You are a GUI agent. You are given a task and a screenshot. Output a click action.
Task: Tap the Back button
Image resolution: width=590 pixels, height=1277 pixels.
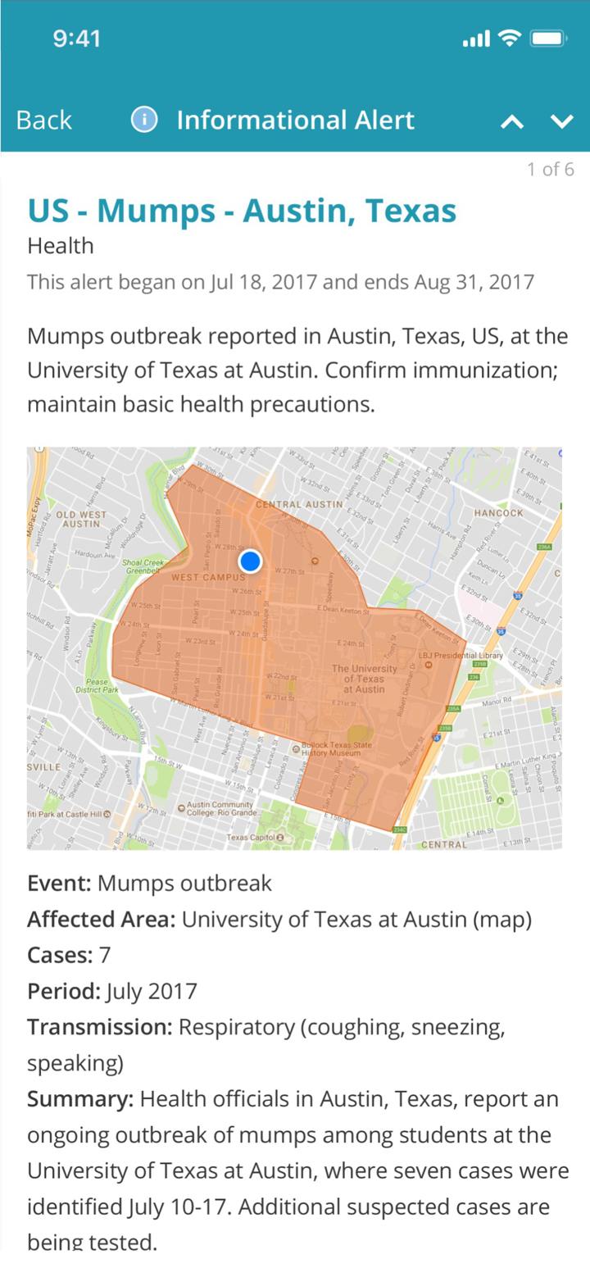[x=44, y=120]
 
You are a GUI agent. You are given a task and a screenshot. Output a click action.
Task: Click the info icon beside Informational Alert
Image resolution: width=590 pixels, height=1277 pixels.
[x=144, y=120]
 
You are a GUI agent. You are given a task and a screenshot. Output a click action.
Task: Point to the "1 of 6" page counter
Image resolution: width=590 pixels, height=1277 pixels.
[x=550, y=170]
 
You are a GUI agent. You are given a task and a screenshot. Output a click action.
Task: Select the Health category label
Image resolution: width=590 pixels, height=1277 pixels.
[x=61, y=246]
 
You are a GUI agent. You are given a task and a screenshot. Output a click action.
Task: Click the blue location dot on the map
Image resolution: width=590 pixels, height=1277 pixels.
[x=250, y=561]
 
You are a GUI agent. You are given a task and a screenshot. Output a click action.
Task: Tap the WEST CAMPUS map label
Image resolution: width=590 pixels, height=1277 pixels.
[x=207, y=578]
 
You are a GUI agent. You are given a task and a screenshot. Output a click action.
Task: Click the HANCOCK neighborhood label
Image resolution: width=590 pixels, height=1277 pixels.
[x=498, y=513]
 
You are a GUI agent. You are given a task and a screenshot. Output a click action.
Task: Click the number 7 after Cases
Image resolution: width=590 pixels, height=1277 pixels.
[x=104, y=956]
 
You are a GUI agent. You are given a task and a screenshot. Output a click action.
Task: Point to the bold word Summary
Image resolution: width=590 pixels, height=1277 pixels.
[x=79, y=1099]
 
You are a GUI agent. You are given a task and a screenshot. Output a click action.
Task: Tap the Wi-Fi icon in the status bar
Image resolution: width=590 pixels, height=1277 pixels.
[x=510, y=39]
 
